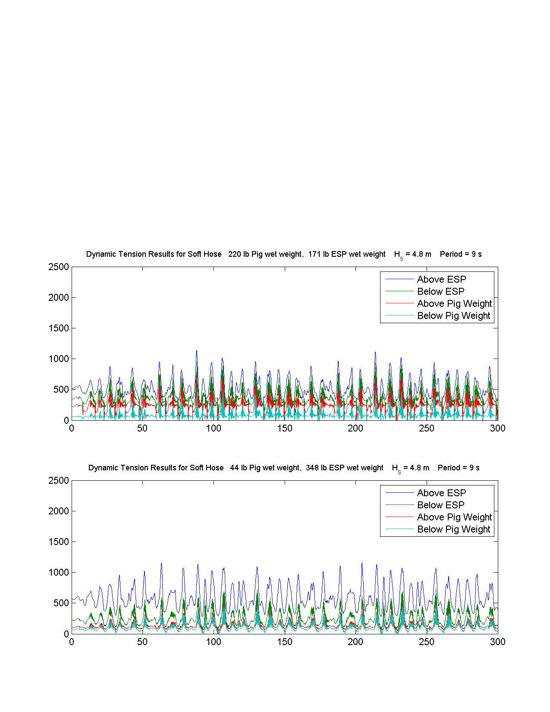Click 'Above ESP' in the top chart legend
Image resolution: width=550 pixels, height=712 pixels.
click(x=441, y=279)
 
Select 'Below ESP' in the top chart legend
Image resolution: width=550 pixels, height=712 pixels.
click(x=440, y=291)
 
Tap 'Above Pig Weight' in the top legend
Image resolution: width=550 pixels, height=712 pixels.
click(x=454, y=304)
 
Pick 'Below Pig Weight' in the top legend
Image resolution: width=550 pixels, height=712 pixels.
click(x=454, y=316)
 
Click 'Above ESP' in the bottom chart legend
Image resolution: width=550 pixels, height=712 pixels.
click(x=441, y=493)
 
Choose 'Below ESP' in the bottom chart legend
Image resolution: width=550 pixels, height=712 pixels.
click(x=440, y=505)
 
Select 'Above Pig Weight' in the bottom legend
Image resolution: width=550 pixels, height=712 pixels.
click(x=454, y=517)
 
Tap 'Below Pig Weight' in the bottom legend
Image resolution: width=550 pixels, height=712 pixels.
click(x=454, y=529)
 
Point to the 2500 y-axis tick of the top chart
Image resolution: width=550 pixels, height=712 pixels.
click(x=59, y=267)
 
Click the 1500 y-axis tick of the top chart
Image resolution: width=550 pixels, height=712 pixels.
click(x=59, y=328)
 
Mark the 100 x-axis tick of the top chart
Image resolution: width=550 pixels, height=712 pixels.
click(x=214, y=428)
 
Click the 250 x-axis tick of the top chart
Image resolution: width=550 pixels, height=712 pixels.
click(x=427, y=428)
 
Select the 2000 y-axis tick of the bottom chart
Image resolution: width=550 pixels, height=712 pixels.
click(x=59, y=511)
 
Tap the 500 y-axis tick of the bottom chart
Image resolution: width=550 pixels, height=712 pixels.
click(x=61, y=603)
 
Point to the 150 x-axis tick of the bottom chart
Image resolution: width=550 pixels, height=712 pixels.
click(x=285, y=642)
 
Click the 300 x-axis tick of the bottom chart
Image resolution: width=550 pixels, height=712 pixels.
click(x=497, y=642)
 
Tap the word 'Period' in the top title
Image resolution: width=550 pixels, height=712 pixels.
click(x=451, y=254)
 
